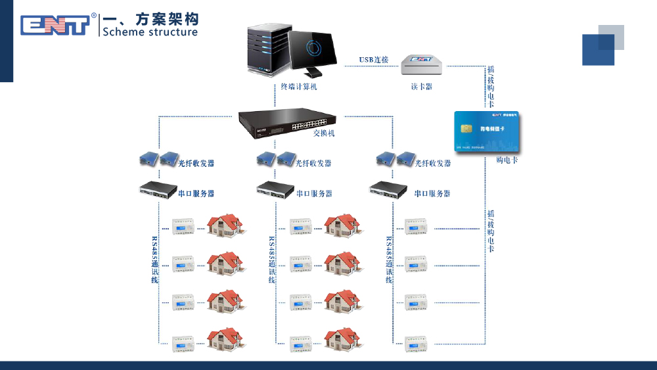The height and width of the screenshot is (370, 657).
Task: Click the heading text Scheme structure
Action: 150,32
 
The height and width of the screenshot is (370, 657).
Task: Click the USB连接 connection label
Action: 373,60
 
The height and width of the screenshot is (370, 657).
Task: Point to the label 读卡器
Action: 421,86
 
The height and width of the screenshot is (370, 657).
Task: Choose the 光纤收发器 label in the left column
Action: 196,163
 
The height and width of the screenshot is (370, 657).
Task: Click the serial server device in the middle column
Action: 275,190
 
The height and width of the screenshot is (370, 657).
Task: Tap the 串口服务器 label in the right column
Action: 432,193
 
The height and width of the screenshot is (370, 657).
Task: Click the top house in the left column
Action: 225,225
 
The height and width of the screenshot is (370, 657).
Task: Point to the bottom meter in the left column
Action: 183,341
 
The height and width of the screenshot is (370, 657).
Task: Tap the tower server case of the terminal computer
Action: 267,49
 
